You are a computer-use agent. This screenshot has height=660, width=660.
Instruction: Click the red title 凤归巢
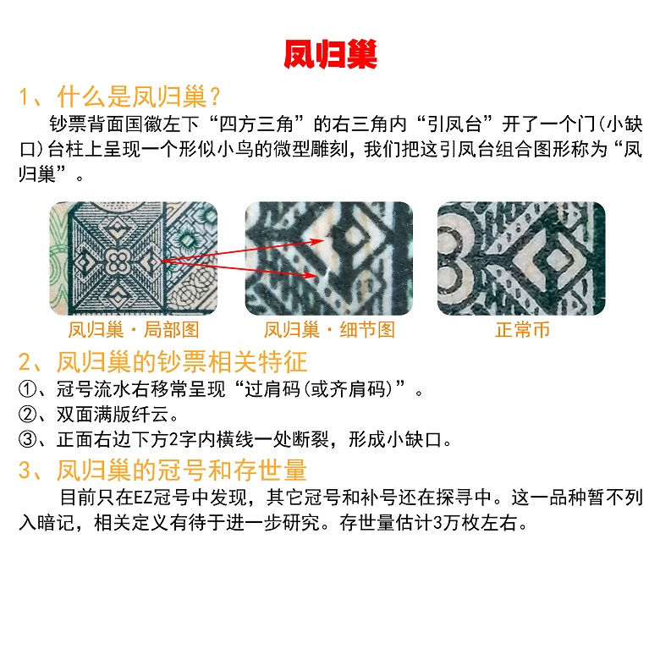click(330, 53)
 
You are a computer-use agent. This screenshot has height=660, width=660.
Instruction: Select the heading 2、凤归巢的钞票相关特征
click(162, 364)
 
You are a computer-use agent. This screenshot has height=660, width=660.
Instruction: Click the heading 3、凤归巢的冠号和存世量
click(162, 470)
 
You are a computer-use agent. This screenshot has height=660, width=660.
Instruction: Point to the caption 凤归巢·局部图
click(134, 330)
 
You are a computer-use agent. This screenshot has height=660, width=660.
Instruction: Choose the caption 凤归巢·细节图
click(329, 330)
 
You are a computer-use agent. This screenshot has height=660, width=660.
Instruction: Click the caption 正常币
click(522, 330)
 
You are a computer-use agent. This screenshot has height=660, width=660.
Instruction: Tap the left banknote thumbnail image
click(134, 258)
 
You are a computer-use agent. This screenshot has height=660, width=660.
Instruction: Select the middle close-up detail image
click(329, 258)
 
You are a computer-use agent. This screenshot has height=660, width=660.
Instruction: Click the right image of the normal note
click(521, 258)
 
